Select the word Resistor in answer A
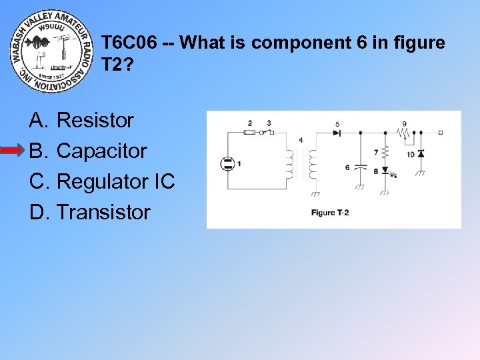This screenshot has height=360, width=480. (95, 121)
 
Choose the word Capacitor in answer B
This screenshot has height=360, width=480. (101, 151)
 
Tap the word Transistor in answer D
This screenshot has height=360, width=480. (103, 213)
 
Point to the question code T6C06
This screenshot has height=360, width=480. (129, 43)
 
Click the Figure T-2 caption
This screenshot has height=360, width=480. (329, 213)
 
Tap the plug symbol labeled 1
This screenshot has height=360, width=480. (228, 163)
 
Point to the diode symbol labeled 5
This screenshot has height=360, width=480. (337, 133)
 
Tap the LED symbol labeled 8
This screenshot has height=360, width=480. (385, 171)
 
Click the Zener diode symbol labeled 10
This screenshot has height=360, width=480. (421, 154)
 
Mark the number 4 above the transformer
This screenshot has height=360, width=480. (301, 140)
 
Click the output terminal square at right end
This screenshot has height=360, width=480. (441, 133)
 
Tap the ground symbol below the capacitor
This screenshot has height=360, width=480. (360, 187)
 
